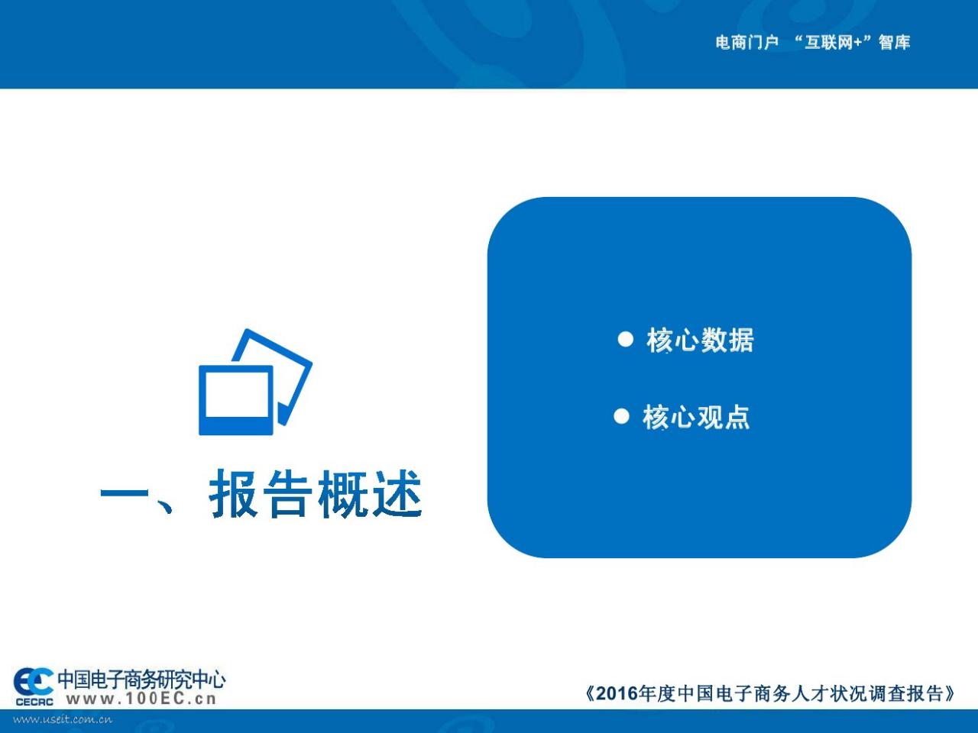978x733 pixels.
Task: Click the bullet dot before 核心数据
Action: click(x=625, y=339)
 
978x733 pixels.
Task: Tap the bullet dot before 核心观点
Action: click(x=621, y=417)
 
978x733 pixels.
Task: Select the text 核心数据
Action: click(x=700, y=340)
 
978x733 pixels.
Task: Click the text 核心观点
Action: click(x=696, y=417)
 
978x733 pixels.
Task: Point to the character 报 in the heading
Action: click(x=233, y=494)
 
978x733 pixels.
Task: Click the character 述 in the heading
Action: click(x=397, y=494)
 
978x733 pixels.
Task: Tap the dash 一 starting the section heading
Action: click(x=124, y=493)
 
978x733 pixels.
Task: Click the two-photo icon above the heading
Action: click(x=255, y=382)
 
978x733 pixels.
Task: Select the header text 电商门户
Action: click(x=746, y=43)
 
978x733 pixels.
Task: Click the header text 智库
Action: click(x=894, y=43)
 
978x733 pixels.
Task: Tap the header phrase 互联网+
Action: click(x=834, y=43)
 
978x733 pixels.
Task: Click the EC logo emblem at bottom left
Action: click(x=34, y=683)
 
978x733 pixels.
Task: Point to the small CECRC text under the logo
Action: click(x=34, y=702)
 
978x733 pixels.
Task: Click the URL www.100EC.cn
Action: click(x=141, y=699)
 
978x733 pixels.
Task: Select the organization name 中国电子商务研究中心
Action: click(x=141, y=679)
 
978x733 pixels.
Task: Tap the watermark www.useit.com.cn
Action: click(x=63, y=720)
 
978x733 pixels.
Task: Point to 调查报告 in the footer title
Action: click(x=908, y=693)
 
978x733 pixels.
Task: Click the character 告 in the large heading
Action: click(x=287, y=494)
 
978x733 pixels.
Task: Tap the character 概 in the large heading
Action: click(x=342, y=494)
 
